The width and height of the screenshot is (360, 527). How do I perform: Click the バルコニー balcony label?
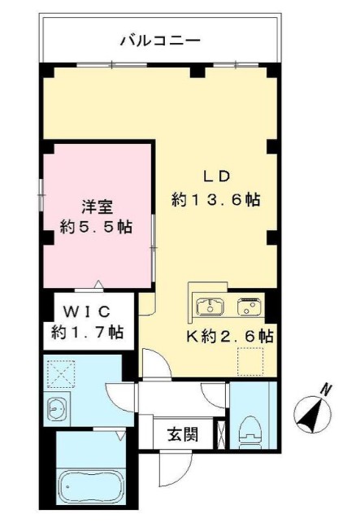point(159,39)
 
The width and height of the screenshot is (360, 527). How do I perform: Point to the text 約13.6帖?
point(215,200)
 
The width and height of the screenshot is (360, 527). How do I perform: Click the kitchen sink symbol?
point(211,307)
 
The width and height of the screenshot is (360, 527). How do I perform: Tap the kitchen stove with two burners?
point(248,307)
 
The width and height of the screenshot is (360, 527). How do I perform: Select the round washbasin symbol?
point(59,409)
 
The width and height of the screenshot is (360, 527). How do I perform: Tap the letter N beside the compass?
point(325,390)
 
